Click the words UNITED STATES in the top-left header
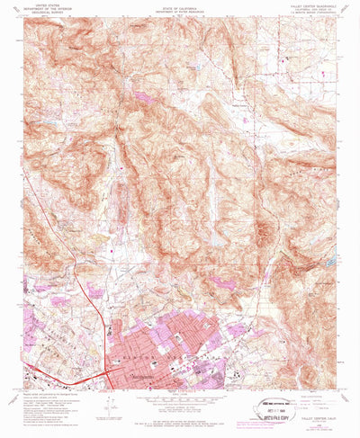44,4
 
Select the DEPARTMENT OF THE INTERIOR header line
44,9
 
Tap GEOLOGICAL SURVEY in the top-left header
44,13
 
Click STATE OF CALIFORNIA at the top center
177,5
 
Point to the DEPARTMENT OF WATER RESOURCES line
177,10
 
